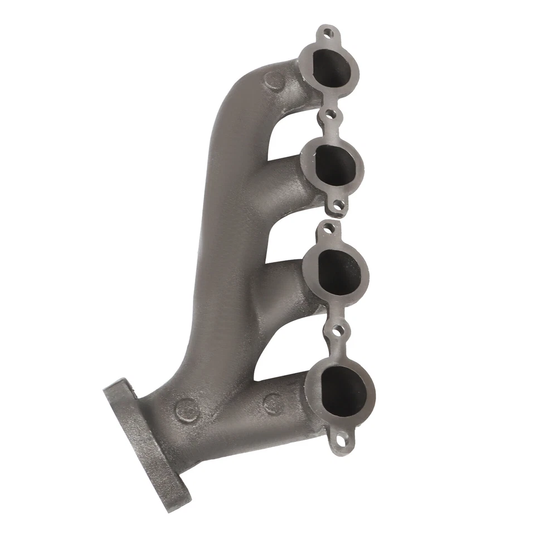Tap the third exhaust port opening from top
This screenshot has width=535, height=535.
point(337,271)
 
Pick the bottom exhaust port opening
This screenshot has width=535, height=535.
point(343,391)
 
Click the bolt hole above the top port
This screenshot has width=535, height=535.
point(329,33)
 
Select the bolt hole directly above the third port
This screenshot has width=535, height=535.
point(329,227)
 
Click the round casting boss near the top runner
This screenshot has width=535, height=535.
point(274,81)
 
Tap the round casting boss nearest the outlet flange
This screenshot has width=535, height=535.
point(187,411)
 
